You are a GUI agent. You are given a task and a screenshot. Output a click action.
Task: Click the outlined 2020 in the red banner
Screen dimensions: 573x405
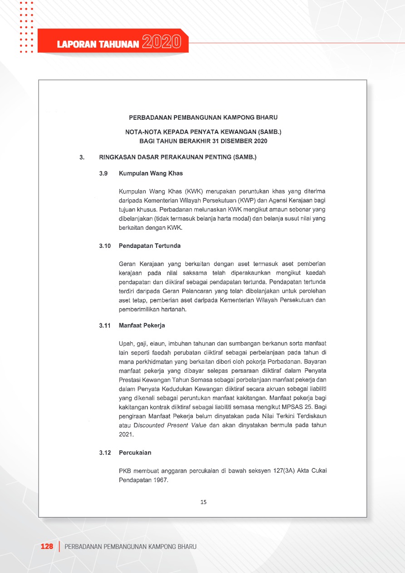[x=162, y=43]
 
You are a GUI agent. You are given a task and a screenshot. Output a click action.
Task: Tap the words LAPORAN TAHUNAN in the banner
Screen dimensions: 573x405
[x=98, y=44]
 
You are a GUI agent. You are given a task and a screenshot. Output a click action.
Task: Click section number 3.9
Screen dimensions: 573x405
[x=104, y=173]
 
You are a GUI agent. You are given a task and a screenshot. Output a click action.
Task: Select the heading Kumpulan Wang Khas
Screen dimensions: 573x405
[x=151, y=173]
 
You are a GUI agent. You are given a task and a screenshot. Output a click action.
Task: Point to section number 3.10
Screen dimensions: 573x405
[x=105, y=246]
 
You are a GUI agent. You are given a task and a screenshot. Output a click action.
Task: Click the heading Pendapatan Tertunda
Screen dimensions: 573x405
[x=150, y=246]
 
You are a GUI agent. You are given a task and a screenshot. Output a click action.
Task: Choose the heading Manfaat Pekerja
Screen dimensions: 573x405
[x=142, y=326]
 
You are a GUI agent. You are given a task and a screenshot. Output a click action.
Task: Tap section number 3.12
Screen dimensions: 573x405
[x=105, y=453]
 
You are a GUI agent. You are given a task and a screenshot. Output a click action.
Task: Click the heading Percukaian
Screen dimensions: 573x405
[x=135, y=453]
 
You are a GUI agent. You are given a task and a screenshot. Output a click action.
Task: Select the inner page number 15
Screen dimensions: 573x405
[x=203, y=502]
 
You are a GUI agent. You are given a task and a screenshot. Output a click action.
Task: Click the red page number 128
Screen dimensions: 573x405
[x=47, y=546]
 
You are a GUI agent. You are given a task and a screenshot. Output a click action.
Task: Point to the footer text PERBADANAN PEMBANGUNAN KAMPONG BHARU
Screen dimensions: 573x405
[x=131, y=546]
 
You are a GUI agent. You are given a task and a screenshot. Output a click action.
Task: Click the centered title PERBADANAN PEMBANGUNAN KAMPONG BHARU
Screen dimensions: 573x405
[x=203, y=118]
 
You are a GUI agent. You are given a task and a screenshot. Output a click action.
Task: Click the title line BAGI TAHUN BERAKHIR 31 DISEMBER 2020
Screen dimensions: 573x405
[x=203, y=141]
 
